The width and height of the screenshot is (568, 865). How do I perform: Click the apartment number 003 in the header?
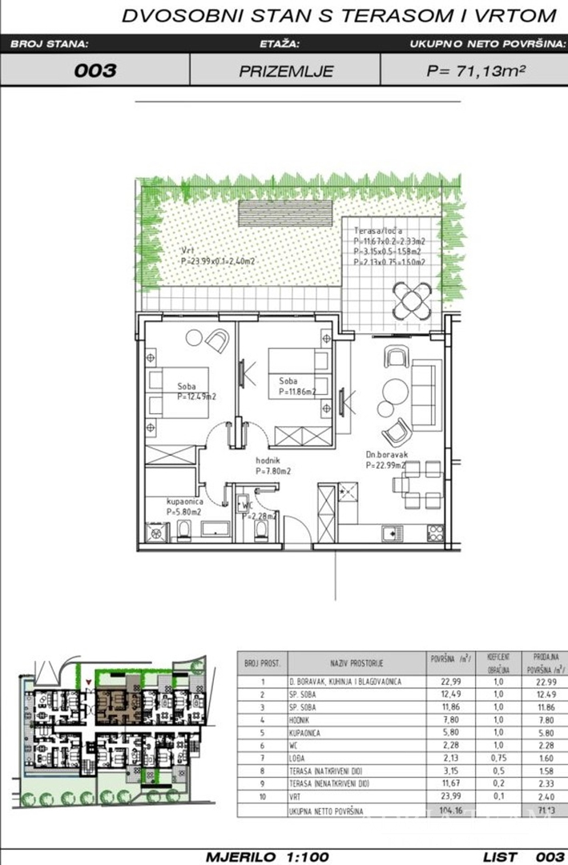(95, 70)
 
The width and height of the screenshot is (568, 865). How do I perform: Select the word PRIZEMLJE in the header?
(286, 70)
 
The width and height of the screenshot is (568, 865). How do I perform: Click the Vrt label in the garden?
(188, 250)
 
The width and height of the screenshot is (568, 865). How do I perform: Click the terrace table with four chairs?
(412, 300)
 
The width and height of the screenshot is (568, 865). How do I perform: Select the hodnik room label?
(268, 461)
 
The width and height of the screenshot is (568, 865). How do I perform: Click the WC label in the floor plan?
(249, 505)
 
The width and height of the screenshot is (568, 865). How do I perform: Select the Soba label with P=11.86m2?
(289, 381)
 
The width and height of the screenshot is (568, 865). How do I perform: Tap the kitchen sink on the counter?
(390, 532)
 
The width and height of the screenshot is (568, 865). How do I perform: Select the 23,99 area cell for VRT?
(442, 797)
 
